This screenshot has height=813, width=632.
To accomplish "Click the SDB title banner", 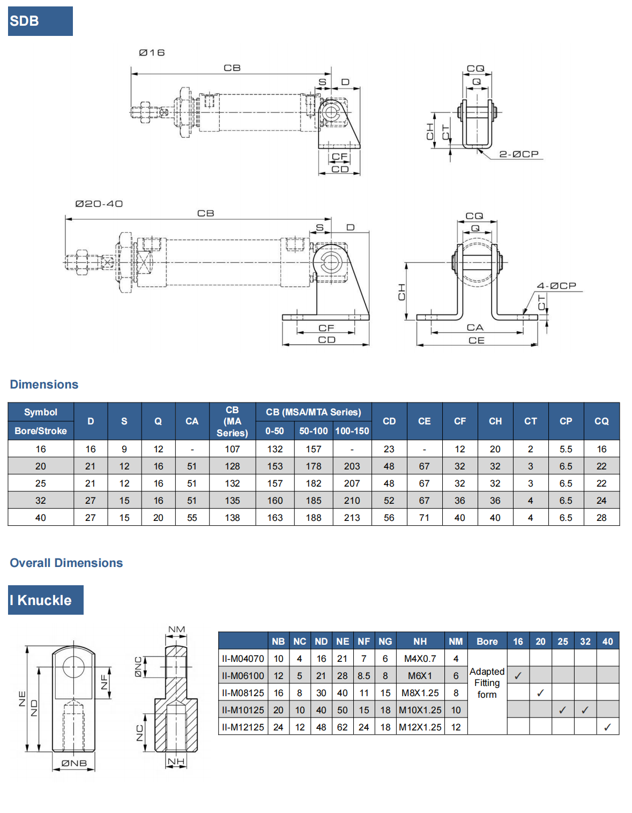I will click(x=40, y=21).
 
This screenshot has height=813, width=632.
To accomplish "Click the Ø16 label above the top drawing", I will click(x=152, y=53).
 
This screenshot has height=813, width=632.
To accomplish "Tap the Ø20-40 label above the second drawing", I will click(x=99, y=204).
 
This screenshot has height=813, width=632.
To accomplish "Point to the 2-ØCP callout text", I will click(x=518, y=154).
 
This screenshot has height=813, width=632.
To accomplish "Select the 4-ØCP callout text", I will click(x=556, y=286).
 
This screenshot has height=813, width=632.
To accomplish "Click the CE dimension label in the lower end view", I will click(x=476, y=340).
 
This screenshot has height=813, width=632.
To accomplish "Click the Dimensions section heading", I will click(x=44, y=384).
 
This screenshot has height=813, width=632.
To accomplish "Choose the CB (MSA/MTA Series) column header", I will click(x=313, y=412).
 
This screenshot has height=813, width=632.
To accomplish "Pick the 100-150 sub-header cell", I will click(x=352, y=431).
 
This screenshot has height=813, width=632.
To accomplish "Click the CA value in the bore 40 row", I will click(x=192, y=518).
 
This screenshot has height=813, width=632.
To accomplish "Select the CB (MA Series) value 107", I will click(x=232, y=449).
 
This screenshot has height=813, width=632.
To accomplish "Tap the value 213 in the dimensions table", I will click(x=352, y=518).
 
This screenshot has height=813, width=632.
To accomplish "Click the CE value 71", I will click(x=424, y=518).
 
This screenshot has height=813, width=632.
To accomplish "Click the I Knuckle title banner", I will click(x=46, y=600).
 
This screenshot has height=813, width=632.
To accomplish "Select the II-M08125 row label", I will click(x=243, y=693).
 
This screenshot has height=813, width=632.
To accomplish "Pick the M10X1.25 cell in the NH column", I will click(x=420, y=710).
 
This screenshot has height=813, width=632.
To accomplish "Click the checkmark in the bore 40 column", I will click(x=607, y=727).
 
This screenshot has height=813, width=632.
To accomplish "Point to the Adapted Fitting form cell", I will click(x=487, y=683).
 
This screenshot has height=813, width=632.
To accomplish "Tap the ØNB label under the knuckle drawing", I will click(x=74, y=763).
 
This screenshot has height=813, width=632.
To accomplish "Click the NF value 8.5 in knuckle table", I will click(x=363, y=676).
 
